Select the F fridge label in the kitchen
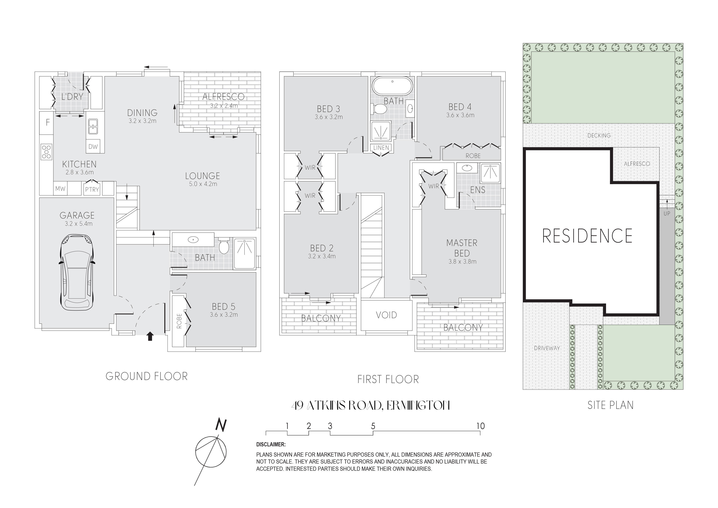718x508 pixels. point(48,122)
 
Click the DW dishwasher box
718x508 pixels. point(93,146)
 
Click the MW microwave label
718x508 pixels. point(60,189)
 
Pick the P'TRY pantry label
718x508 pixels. point(92,189)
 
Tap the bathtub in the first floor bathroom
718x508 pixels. point(392,86)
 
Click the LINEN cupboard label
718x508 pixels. point(381,147)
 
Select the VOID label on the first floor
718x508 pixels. point(386,315)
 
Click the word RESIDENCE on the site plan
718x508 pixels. point(587,236)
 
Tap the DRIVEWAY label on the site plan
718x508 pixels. point(547,348)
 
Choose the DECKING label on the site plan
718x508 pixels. point(599,136)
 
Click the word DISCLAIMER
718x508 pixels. point(271,444)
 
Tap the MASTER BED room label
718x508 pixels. point(462,248)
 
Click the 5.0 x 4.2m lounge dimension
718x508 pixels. point(203,184)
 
